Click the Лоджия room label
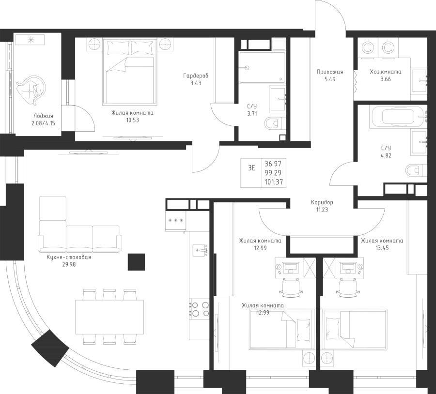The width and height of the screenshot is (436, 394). pos(43,116)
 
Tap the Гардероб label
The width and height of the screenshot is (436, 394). pos(196,76)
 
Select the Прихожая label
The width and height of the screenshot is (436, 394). pos(330,72)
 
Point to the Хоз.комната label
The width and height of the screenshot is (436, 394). pos(386,72)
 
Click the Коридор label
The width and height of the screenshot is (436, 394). pos(322,202)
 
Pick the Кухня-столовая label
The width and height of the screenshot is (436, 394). pos(69,258)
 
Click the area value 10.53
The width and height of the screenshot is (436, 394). pos(132,121)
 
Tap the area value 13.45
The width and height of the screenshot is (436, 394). pos(382,248)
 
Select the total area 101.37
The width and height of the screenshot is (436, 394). pos(273,182)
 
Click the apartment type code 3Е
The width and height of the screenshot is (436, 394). pos(251,168)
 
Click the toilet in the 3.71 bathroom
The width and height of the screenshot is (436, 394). pos(274,123)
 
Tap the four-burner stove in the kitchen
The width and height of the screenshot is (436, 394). pos(199,309)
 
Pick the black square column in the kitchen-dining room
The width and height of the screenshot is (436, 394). pos(136,262)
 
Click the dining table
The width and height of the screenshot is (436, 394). pos(109,317)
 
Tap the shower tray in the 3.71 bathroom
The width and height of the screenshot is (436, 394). pos(262,67)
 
